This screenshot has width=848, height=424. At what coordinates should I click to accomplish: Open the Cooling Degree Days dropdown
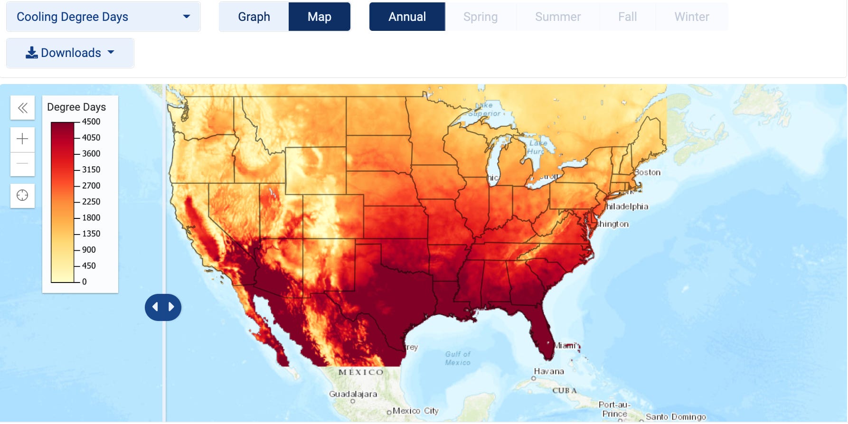pos(103,17)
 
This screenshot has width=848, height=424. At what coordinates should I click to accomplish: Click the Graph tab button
pos(254,17)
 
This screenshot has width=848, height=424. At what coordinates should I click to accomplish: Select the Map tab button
pos(319,17)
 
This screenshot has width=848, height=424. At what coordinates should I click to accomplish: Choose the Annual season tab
pos(407,17)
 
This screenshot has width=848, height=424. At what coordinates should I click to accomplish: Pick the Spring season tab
pos(480,17)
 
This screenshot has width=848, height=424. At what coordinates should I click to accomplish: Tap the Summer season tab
pos(557,17)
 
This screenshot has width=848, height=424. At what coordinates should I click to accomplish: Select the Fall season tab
pos(627,17)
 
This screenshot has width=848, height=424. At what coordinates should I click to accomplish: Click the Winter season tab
pos(691,17)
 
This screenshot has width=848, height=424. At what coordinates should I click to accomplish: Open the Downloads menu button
pos(70,53)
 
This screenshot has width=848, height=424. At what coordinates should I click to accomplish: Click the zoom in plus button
pos(22,139)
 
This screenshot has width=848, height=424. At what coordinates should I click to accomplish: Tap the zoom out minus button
pos(22,164)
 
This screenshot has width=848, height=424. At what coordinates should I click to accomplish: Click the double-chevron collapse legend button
pos(22,108)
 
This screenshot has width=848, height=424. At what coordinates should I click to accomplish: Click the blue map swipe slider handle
pos(163,307)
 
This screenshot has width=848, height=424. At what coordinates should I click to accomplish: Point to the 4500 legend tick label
pos(91,122)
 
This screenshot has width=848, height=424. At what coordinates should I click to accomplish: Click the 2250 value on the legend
pos(91,202)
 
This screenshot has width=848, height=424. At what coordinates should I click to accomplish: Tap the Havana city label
pos(549,371)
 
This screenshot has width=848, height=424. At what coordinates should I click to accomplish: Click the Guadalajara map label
pos(353,394)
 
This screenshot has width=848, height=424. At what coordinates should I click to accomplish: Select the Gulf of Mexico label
pos(458,358)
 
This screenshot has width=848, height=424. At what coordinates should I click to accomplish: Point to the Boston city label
pos(648,172)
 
